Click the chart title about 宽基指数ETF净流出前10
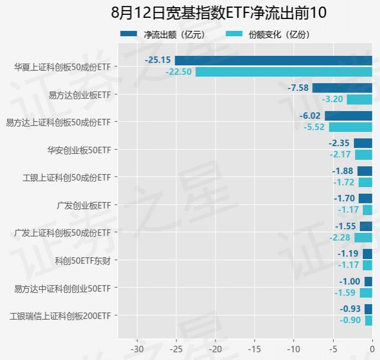tap(189, 12)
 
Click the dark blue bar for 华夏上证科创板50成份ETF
tap(273, 60)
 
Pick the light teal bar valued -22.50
tap(284, 72)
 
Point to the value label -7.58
tap(298, 88)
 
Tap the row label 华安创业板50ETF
tap(79, 149)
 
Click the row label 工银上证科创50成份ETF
tap(66, 177)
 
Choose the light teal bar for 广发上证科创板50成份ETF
tap(363, 238)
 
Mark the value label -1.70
tap(344, 198)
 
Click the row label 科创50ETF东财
tap(83, 260)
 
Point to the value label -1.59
tap(344, 293)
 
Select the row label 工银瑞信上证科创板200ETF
tap(60, 315)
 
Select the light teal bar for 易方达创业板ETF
tap(359, 100)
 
